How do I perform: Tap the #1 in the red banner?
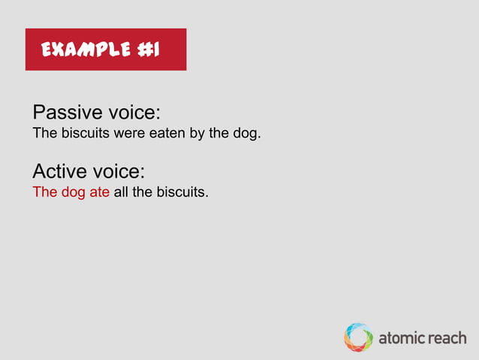click(148, 50)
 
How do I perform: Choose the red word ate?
click(99, 192)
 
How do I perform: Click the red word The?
click(44, 192)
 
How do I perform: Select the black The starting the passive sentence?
click(44, 135)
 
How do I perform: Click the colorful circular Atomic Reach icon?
click(358, 337)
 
